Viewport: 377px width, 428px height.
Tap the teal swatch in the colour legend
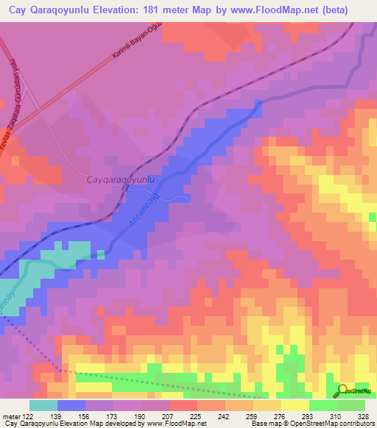(x=43, y=405)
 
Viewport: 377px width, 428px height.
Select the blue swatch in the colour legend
(x=71, y=405)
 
